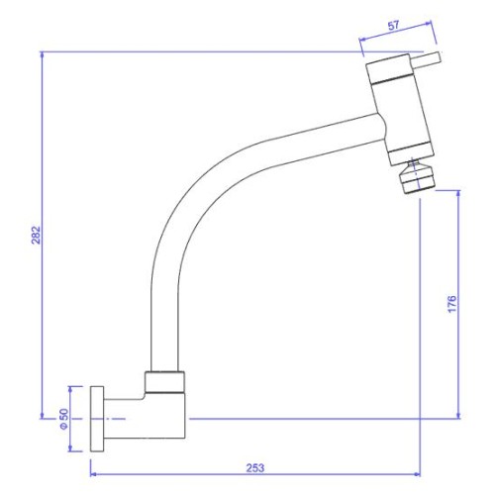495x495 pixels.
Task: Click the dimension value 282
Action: pyautogui.click(x=36, y=235)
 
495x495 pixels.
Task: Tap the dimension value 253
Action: pyautogui.click(x=255, y=468)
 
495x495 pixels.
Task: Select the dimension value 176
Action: pyautogui.click(x=451, y=304)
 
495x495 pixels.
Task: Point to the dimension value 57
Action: pyautogui.click(x=393, y=26)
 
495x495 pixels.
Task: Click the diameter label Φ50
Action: pyautogui.click(x=63, y=419)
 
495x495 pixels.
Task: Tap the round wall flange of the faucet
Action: pyautogui.click(x=97, y=419)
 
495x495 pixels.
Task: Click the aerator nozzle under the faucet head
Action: pyautogui.click(x=416, y=177)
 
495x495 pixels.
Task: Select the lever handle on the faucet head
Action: pyautogui.click(x=426, y=60)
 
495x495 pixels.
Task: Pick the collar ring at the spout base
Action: pyautogui.click(x=164, y=382)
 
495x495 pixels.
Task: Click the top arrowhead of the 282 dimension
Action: pyautogui.click(x=42, y=54)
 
